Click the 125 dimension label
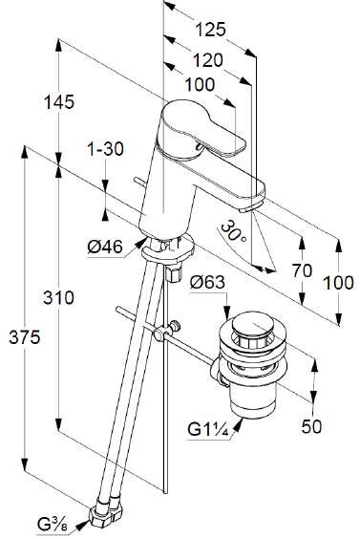(211, 30)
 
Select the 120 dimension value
(207, 60)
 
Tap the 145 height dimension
(59, 102)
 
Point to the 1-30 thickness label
(105, 149)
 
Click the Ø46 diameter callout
(105, 247)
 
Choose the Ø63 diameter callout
(207, 283)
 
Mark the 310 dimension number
(58, 297)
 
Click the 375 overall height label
(25, 337)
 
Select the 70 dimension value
(303, 270)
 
